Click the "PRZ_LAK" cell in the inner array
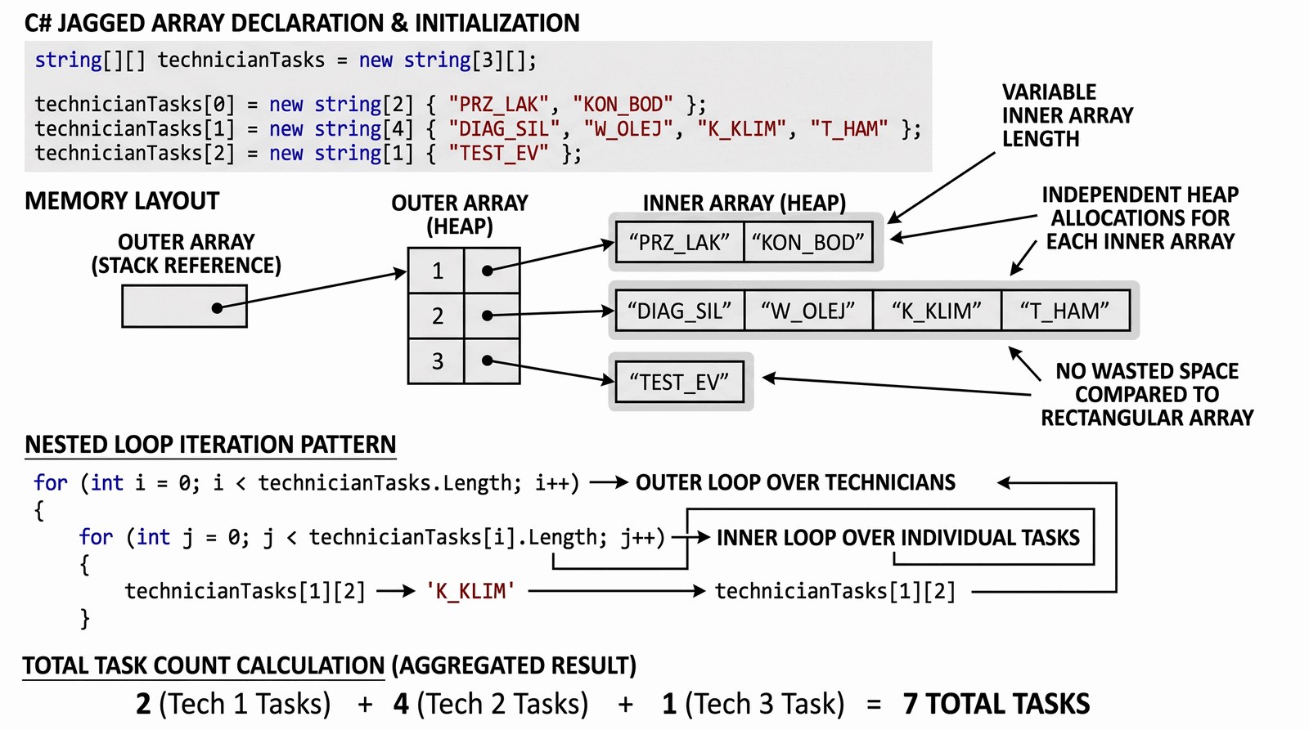[x=679, y=243]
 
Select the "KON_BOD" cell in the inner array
[x=808, y=243]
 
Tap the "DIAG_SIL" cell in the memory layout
[x=679, y=311]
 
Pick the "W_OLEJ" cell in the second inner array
[x=808, y=311]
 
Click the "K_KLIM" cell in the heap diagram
[x=937, y=311]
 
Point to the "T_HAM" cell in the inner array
[x=1065, y=311]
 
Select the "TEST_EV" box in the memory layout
[x=679, y=383]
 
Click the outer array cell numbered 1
[x=437, y=271]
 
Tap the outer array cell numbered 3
[x=437, y=361]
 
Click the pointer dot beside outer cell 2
[x=488, y=315]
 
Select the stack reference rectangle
[x=184, y=307]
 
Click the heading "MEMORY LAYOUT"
[x=122, y=201]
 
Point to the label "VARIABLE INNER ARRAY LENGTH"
[x=1067, y=115]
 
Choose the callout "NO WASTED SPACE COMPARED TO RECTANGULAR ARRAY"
[x=1147, y=395]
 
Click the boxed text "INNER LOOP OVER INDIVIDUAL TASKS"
[x=897, y=537]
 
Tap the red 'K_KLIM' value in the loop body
[x=470, y=591]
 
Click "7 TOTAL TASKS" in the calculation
[x=996, y=704]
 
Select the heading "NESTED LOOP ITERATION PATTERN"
[x=210, y=445]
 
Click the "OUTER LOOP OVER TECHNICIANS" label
[x=795, y=482]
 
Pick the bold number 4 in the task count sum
[x=401, y=704]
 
